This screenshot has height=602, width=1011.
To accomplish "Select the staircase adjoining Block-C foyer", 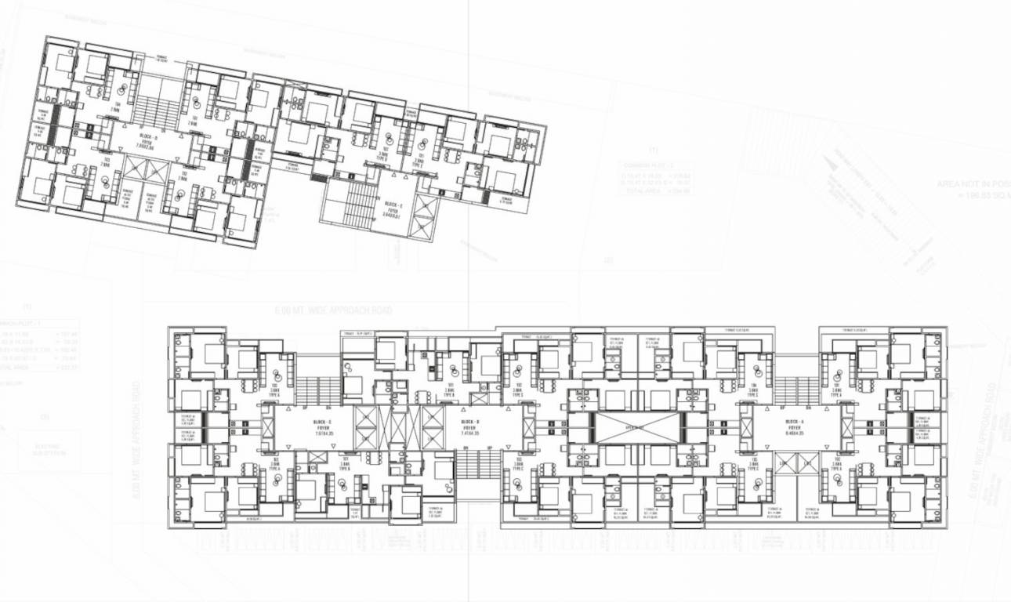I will coord(316,390).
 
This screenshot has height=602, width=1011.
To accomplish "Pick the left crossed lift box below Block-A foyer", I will coord(785,462).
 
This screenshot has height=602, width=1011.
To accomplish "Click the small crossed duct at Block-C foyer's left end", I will coord(266,428).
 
